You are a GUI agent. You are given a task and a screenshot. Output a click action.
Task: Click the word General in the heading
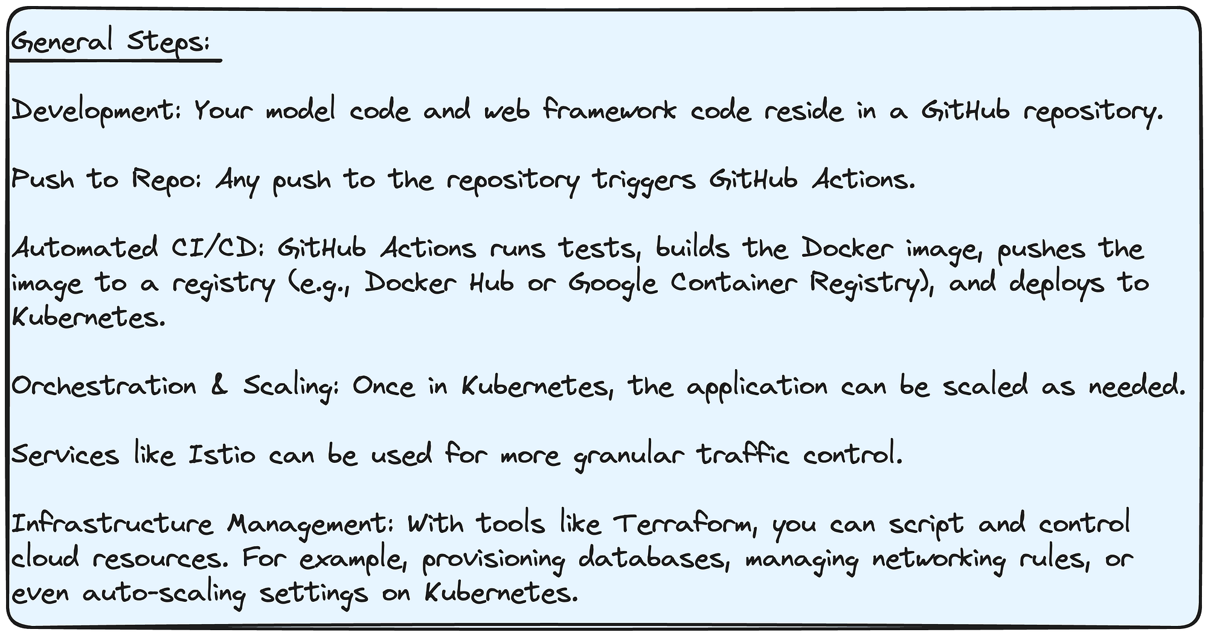pos(62,42)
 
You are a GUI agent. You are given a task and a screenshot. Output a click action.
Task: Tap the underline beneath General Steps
pos(115,60)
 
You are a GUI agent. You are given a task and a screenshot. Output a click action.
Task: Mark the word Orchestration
pos(104,386)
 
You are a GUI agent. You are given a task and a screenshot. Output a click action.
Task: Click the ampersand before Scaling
pos(220,387)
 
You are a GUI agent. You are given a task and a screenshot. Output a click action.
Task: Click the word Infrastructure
pos(112,523)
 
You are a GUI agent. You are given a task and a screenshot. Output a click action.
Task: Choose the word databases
pos(652,558)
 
